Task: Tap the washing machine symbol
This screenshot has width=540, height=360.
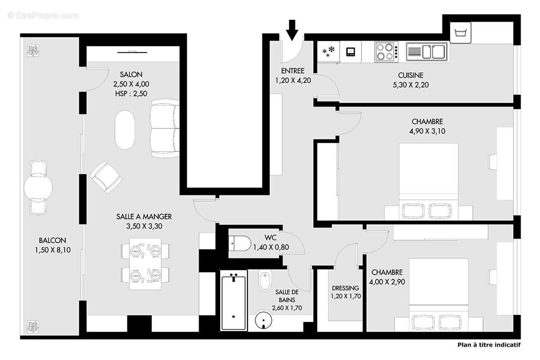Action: coord(460,33)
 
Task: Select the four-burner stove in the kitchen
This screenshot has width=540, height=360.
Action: coord(386,52)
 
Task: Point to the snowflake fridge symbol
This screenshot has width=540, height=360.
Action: coord(329,52)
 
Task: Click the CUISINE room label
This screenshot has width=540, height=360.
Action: coord(410,75)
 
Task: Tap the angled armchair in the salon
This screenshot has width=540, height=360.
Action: coord(106,177)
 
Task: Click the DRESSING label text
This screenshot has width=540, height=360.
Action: coord(345,288)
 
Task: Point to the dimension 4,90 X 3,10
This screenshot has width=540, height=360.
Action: coord(427,131)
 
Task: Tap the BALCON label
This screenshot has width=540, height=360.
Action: coord(52,240)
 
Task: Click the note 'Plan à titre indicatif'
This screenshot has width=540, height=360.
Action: coord(488,345)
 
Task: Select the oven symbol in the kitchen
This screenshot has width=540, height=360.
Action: coord(351,52)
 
